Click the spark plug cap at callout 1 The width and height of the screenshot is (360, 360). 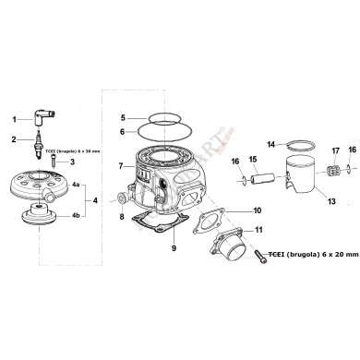[41, 120]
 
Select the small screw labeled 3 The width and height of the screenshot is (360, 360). [54, 162]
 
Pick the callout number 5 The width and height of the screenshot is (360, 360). [121, 118]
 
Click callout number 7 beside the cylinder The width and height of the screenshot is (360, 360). [121, 166]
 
